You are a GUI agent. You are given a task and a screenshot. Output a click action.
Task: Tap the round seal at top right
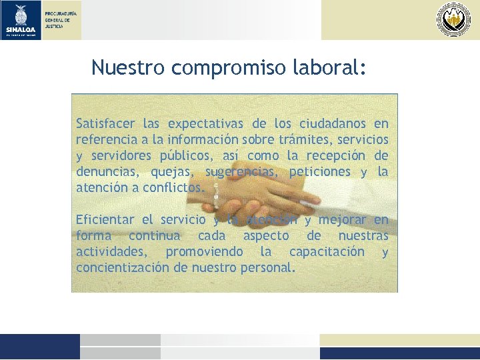453,19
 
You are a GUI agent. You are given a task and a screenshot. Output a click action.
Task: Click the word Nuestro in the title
128,67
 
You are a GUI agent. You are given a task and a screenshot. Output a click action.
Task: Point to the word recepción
336,156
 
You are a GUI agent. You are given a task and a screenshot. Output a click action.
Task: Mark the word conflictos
175,188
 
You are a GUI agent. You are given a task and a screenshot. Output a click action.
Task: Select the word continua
154,236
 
